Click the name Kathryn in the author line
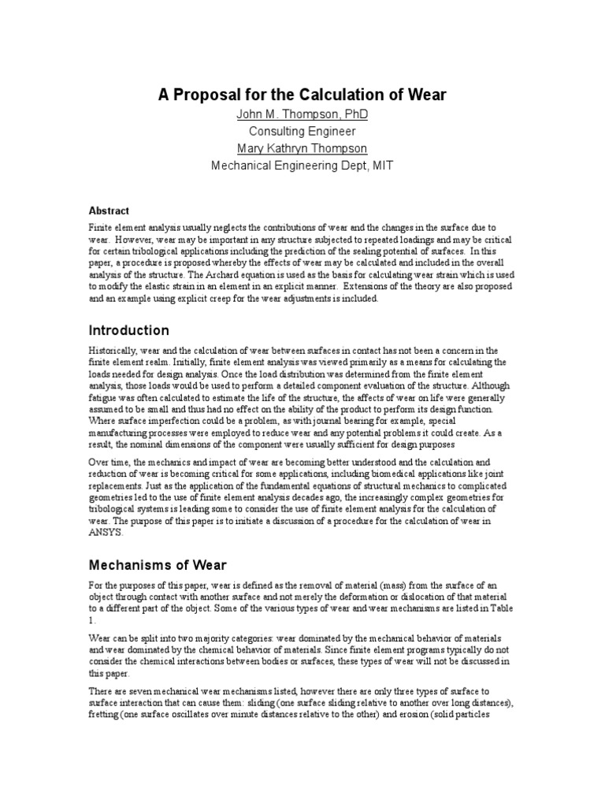[303, 148]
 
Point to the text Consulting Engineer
[302, 132]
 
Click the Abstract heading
[109, 210]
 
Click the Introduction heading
[129, 329]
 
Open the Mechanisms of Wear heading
[158, 564]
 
